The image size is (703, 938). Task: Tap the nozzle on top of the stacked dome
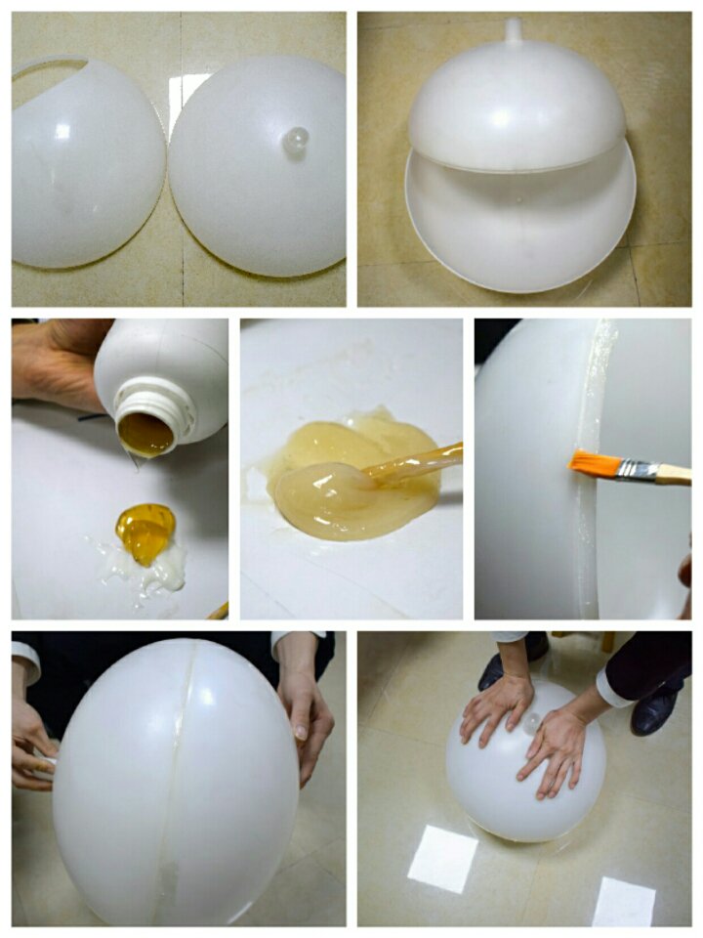(x=514, y=31)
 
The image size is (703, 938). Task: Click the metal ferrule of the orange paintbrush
(x=637, y=471)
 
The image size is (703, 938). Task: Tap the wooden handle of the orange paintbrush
(x=674, y=475)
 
